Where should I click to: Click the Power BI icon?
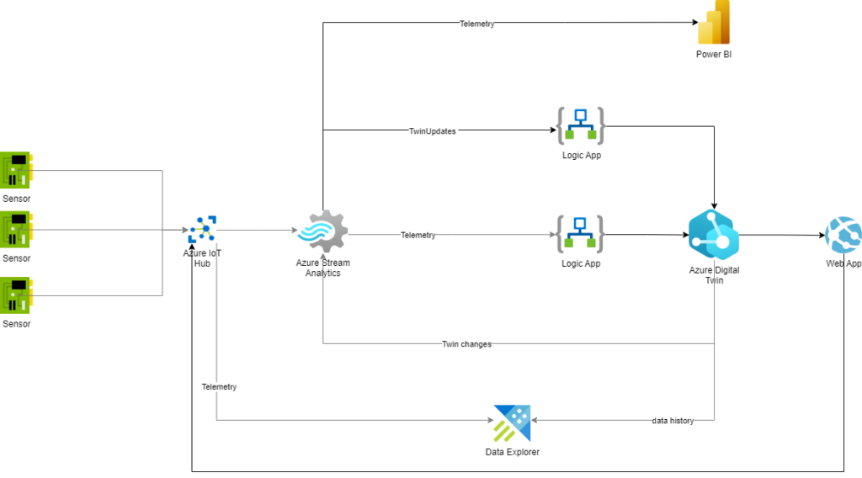click(x=713, y=23)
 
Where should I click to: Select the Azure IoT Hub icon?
click(x=203, y=229)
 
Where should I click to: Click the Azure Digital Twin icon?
click(x=713, y=234)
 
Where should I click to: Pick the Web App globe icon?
click(x=843, y=235)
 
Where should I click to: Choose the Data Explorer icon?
click(x=512, y=423)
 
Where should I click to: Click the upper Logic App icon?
click(x=581, y=125)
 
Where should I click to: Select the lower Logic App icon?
click(x=581, y=234)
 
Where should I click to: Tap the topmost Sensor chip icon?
click(x=15, y=169)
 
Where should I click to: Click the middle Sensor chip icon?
click(x=15, y=228)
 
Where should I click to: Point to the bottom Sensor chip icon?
click(x=15, y=295)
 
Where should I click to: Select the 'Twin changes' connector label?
click(x=466, y=344)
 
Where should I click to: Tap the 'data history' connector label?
click(x=673, y=420)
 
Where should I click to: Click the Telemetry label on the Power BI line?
click(x=477, y=24)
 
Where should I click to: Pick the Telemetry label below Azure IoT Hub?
click(x=219, y=387)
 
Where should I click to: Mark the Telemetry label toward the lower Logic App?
click(x=418, y=235)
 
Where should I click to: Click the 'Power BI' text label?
click(x=713, y=55)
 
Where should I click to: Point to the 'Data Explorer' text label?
click(x=512, y=453)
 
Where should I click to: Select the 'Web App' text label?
click(x=843, y=264)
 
